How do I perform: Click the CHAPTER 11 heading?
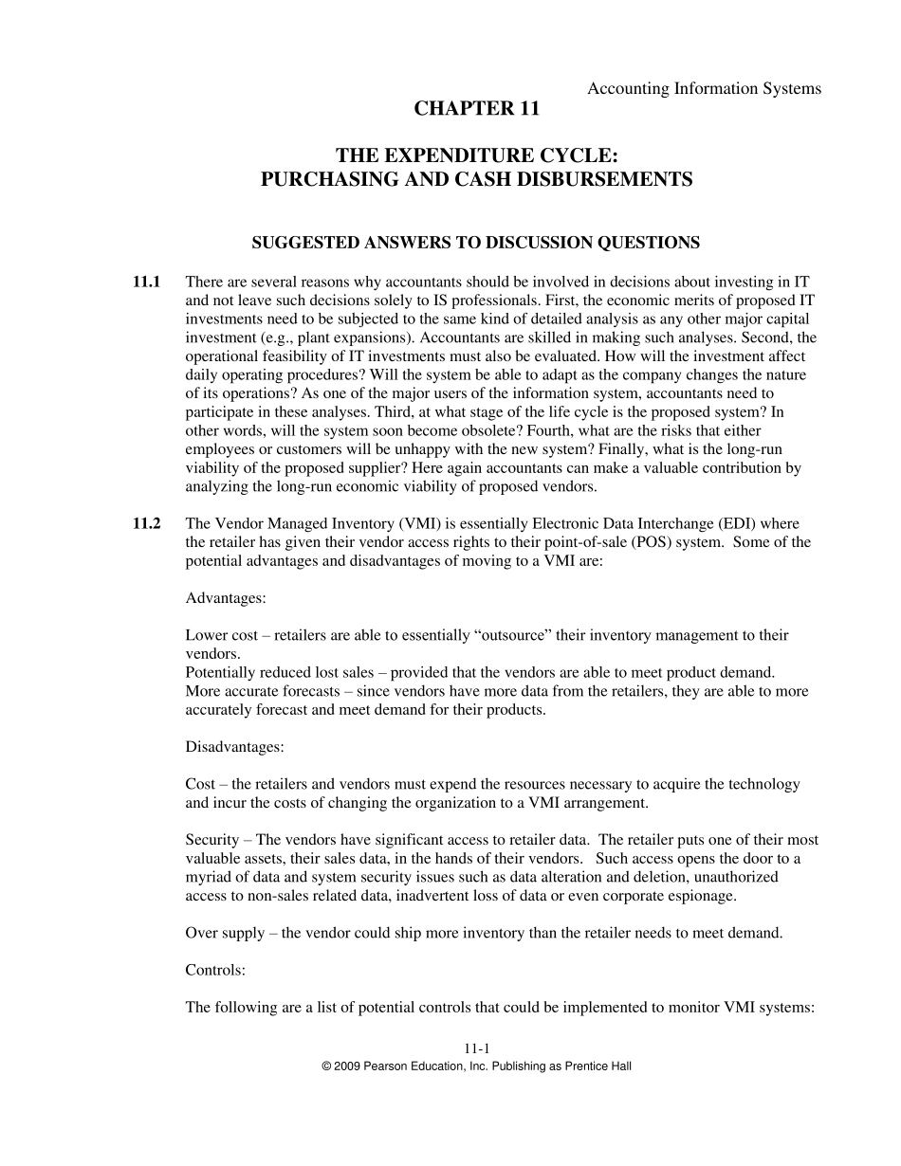pyautogui.click(x=476, y=109)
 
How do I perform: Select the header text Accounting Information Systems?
pyautogui.click(x=704, y=88)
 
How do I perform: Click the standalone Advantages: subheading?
pyautogui.click(x=226, y=598)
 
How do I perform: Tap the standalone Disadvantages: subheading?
pyautogui.click(x=234, y=747)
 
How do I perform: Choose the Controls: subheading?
pyautogui.click(x=215, y=971)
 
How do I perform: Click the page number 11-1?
pyautogui.click(x=476, y=1048)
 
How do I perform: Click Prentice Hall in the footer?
pyautogui.click(x=598, y=1066)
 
